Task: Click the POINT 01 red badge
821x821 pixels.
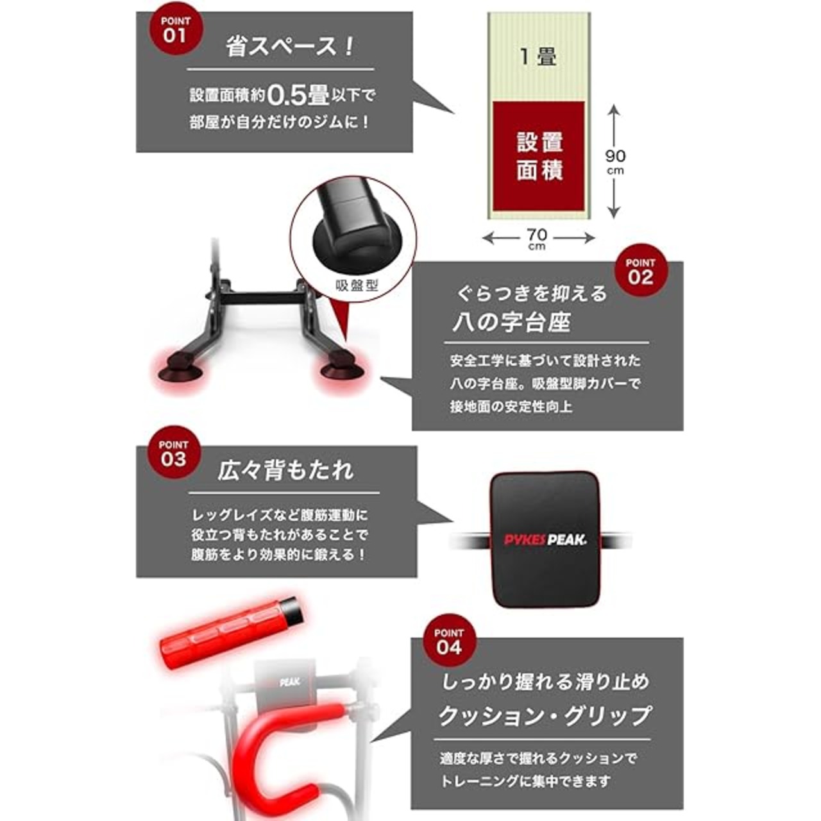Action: tap(176, 30)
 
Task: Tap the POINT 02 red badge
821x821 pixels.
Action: tap(640, 271)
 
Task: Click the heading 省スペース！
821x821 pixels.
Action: tap(290, 46)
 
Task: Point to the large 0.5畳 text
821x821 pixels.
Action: tap(298, 96)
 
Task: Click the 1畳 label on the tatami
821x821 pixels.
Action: tap(539, 56)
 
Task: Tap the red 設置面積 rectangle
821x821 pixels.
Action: tap(539, 156)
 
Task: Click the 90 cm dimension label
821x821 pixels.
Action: tap(615, 162)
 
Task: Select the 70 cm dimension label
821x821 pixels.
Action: tap(537, 239)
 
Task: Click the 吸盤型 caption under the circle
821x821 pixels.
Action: tap(357, 285)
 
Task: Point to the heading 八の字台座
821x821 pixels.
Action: tap(512, 323)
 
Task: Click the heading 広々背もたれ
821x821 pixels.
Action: tap(285, 470)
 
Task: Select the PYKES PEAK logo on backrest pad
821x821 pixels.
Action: tap(545, 540)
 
